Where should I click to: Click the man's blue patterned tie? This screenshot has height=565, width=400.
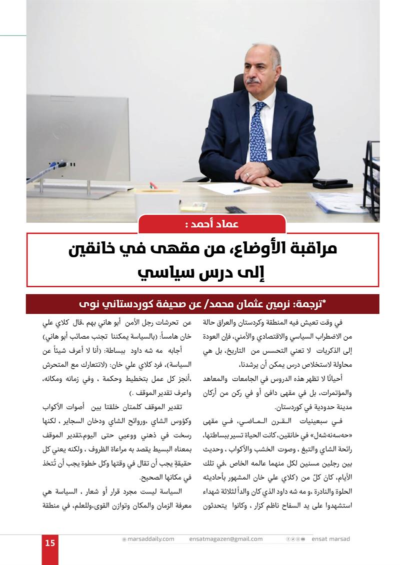(x=258, y=133)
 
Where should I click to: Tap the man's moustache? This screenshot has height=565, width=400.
(x=253, y=81)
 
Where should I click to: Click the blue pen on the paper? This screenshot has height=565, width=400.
(x=242, y=189)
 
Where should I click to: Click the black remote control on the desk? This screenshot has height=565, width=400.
(x=234, y=209)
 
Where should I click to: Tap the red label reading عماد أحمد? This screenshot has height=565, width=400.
(x=212, y=224)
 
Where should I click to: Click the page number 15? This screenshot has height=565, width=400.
(x=49, y=543)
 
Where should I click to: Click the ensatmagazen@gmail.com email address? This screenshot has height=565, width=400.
(x=226, y=539)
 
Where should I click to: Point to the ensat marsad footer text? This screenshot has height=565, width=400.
(x=330, y=539)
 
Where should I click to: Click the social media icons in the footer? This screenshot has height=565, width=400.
(x=295, y=539)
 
